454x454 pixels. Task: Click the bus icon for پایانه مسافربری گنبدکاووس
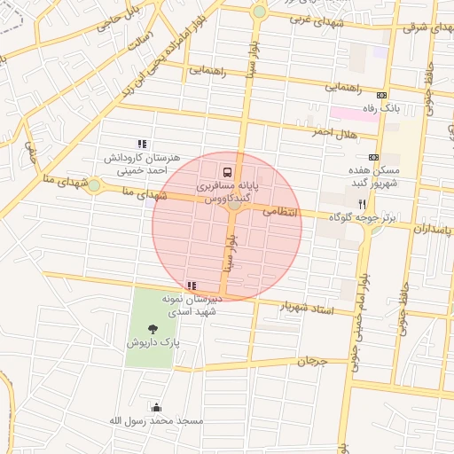(227, 171)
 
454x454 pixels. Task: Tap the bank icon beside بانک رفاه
(382, 95)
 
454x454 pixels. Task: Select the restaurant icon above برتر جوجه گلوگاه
(362, 203)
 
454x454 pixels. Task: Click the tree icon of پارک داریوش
(153, 329)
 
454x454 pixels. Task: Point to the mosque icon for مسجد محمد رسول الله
(157, 407)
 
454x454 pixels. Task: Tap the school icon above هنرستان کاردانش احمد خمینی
(141, 144)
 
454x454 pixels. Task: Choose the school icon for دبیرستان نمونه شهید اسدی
(192, 286)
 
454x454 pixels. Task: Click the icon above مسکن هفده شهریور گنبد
(373, 155)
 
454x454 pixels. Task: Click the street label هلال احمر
(333, 132)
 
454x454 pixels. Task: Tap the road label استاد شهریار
(305, 307)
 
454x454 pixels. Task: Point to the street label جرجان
(312, 361)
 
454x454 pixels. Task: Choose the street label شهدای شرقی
(421, 27)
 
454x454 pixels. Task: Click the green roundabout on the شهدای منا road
(94, 184)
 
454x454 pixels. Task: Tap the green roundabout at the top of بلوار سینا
(259, 12)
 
